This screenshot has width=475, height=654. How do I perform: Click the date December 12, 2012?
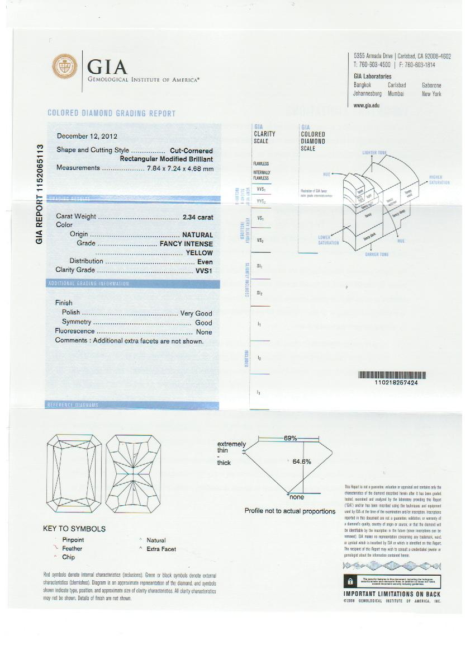click(x=87, y=136)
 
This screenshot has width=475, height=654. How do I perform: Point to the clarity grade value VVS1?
click(x=203, y=270)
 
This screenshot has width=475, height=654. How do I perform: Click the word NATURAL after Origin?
click(x=197, y=235)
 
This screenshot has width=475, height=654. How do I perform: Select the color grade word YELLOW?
click(x=199, y=253)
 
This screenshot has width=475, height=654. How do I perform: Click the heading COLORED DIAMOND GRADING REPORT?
click(x=111, y=113)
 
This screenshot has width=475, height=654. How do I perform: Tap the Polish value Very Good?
click(x=196, y=313)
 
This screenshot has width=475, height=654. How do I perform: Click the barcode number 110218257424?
click(x=393, y=383)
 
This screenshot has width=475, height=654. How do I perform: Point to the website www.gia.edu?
click(x=367, y=105)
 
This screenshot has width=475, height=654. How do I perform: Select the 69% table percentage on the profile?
click(x=290, y=439)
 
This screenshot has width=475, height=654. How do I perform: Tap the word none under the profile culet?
click(x=296, y=497)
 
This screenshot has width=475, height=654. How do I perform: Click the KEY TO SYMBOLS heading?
click(x=74, y=529)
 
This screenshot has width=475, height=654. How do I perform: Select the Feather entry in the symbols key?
click(x=72, y=549)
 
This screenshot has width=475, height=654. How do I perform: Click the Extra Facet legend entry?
click(x=161, y=549)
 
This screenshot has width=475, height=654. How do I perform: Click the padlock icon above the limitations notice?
click(x=350, y=582)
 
